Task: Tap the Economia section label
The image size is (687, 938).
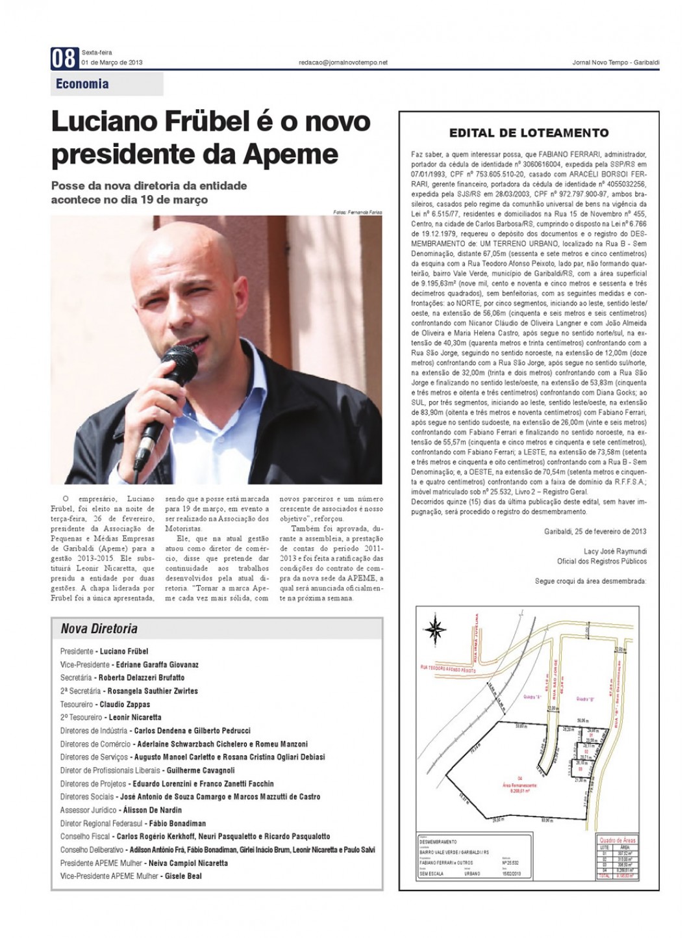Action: click(82, 84)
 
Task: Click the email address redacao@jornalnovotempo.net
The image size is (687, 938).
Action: click(342, 62)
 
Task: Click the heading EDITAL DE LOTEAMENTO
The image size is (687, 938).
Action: click(529, 133)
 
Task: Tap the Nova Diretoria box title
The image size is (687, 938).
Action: click(99, 629)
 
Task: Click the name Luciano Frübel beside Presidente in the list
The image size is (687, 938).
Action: click(124, 651)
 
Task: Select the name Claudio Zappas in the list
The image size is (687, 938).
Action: click(125, 704)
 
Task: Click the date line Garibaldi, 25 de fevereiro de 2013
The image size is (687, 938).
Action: click(595, 531)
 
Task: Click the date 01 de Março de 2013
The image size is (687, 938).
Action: click(112, 63)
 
